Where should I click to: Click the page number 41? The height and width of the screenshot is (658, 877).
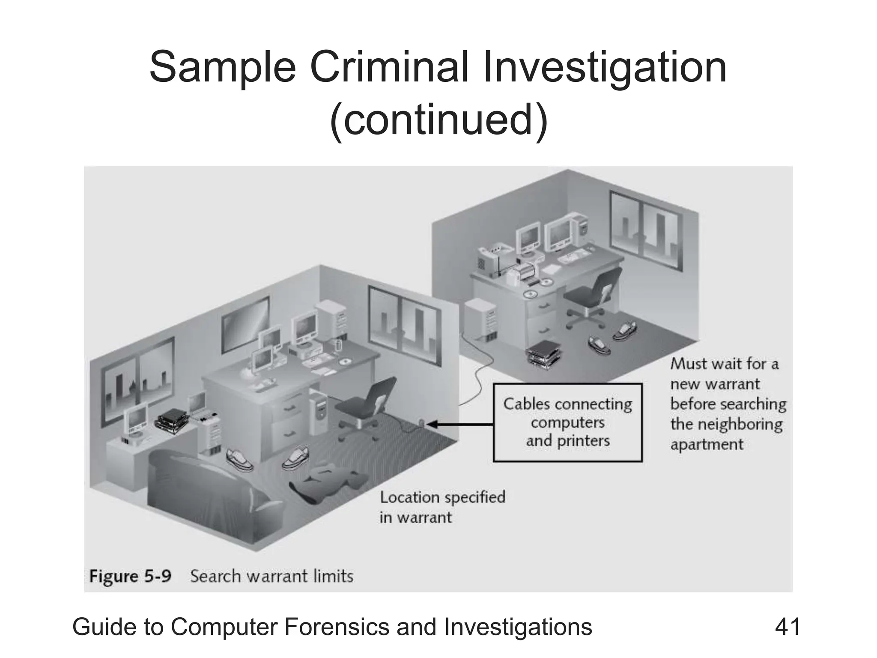pyautogui.click(x=787, y=627)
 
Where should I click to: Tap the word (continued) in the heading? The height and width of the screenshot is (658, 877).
pyautogui.click(x=438, y=119)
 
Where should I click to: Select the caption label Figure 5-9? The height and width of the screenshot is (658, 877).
pyautogui.click(x=130, y=576)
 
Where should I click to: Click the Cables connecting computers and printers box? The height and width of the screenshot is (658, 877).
pyautogui.click(x=567, y=422)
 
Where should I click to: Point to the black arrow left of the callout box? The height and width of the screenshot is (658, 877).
pyautogui.click(x=460, y=424)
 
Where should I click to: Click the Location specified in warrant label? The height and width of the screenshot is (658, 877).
pyautogui.click(x=442, y=507)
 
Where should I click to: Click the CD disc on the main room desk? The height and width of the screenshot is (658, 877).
pyautogui.click(x=345, y=362)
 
